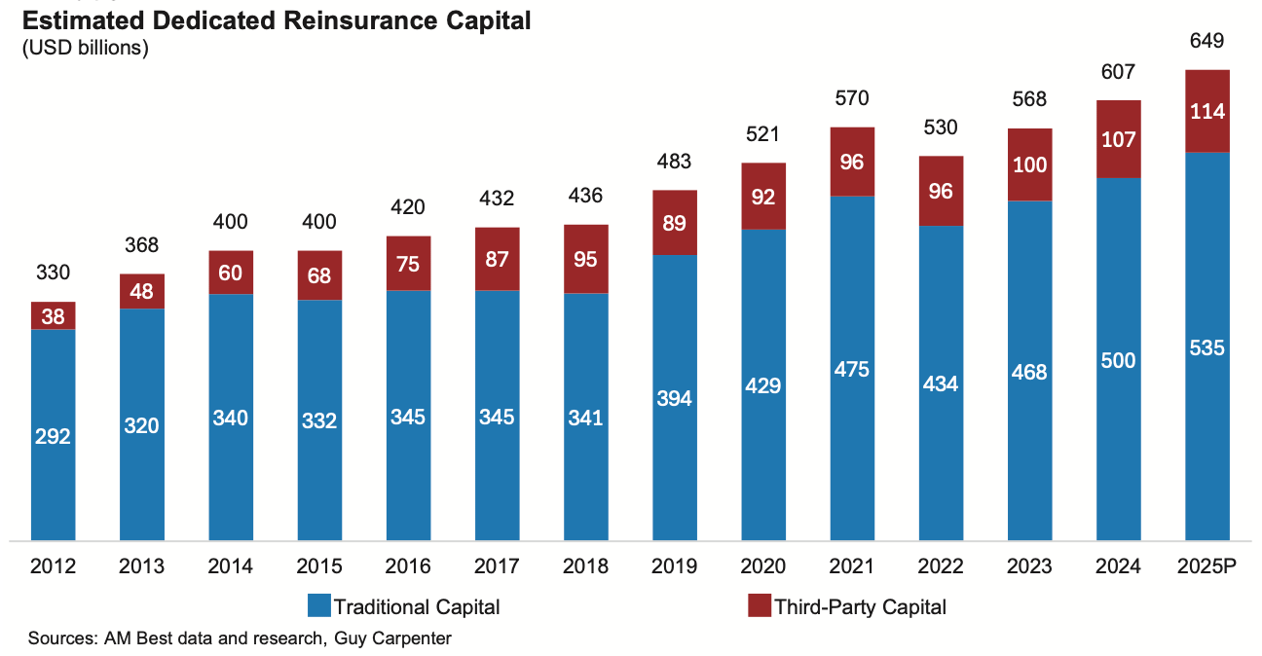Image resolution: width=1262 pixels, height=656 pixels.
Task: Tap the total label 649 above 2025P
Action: [x=1206, y=42]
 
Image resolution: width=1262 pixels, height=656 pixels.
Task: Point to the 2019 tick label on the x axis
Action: [x=674, y=566]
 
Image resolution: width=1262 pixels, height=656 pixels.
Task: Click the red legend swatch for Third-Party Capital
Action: [x=759, y=606]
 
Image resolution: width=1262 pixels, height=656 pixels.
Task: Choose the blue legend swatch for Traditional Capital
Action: [x=318, y=606]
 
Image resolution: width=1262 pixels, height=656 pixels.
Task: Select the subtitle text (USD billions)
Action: [x=85, y=49]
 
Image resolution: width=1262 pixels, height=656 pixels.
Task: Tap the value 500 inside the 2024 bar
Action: [x=1118, y=361]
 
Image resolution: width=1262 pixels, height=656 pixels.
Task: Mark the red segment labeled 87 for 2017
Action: [x=498, y=259]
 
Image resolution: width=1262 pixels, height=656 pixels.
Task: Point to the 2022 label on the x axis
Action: [x=941, y=566]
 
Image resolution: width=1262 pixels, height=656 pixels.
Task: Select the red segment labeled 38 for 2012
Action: [x=53, y=315]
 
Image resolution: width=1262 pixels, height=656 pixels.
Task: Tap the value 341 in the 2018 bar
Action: [x=585, y=419]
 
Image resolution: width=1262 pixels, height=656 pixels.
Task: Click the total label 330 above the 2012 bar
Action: [x=53, y=273]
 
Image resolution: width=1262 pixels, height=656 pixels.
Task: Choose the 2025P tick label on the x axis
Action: [x=1206, y=566]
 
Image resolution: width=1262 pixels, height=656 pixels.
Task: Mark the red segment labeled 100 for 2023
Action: [x=1029, y=164]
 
